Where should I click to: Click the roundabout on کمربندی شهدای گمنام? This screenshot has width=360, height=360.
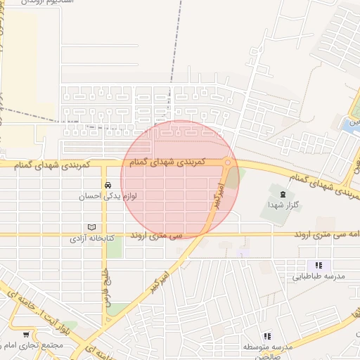227,163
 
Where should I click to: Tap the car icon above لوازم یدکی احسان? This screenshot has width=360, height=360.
108,186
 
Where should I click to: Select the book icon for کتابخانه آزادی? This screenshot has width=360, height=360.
91,228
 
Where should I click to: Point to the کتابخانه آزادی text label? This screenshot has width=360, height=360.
91,239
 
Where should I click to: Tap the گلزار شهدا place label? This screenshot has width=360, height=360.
283,204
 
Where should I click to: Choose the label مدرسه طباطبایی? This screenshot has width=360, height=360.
319,276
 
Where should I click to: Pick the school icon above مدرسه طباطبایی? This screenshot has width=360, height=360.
319,266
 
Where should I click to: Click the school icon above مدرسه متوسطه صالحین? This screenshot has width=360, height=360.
266,337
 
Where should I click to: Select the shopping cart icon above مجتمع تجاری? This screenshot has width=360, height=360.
26,335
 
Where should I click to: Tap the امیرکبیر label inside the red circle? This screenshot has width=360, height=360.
216,193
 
